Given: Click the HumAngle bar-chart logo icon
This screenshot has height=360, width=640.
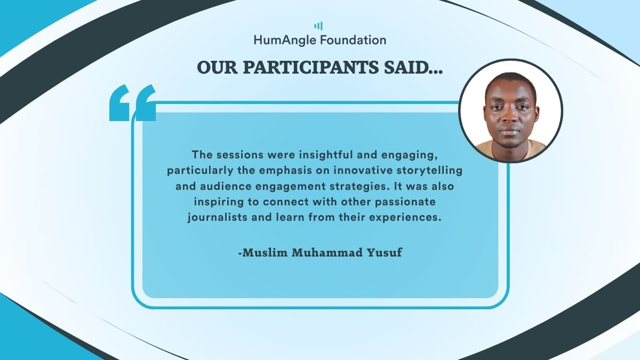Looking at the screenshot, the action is pyautogui.click(x=318, y=26).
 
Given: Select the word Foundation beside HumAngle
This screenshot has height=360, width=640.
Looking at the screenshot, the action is pyautogui.click(x=353, y=39).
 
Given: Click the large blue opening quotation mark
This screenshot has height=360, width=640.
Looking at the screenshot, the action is pyautogui.click(x=133, y=102).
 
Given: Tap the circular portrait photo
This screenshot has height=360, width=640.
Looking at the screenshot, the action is pyautogui.click(x=510, y=111).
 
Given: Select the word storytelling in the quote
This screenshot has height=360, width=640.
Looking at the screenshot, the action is pyautogui.click(x=429, y=171).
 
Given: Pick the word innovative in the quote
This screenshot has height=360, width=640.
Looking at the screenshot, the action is pyautogui.click(x=363, y=170).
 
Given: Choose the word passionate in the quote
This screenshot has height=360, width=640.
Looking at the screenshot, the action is pyautogui.click(x=405, y=202).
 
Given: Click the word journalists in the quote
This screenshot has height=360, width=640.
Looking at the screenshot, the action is pyautogui.click(x=218, y=218).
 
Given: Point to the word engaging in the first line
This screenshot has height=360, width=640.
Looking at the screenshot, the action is pyautogui.click(x=410, y=155).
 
